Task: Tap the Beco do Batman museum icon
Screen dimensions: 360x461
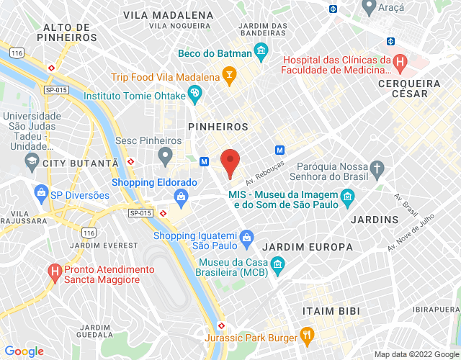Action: (261, 53)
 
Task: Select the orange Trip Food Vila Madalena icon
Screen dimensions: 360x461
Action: (229, 75)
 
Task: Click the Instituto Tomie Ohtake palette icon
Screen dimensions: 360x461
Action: (194, 94)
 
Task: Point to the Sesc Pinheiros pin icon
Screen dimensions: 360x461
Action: (166, 155)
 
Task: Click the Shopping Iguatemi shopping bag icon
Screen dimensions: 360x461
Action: (246, 236)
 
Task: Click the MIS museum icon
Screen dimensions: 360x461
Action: (348, 197)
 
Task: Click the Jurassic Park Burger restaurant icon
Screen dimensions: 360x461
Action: (307, 333)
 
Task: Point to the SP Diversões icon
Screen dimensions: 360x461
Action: (40, 194)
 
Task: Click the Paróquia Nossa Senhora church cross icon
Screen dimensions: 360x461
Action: (376, 169)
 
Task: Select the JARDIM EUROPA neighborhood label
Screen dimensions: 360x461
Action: (308, 247)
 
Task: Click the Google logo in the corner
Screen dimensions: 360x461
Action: (24, 351)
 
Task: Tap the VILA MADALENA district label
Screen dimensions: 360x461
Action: (168, 14)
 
